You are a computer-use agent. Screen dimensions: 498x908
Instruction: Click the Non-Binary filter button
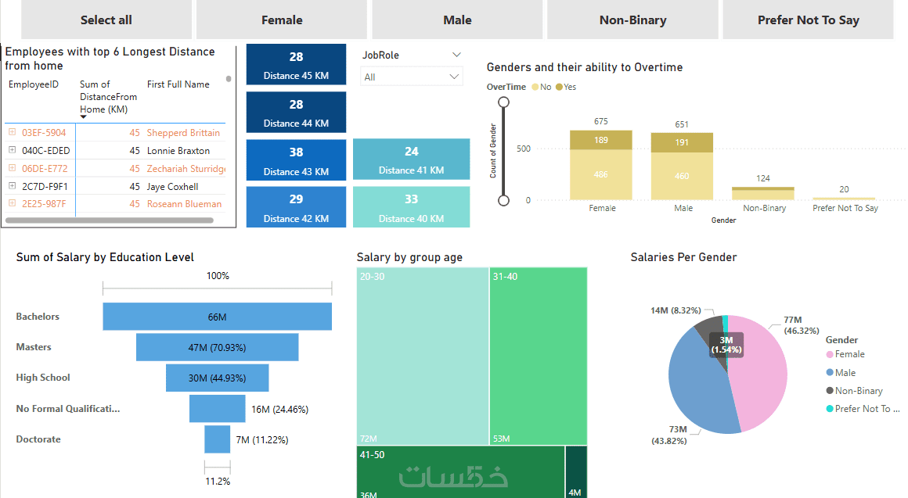pos(632,20)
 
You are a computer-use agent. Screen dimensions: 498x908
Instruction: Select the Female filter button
pos(282,20)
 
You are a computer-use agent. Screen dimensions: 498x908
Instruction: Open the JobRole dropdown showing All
pos(412,77)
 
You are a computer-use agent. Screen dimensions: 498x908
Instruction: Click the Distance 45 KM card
pos(296,65)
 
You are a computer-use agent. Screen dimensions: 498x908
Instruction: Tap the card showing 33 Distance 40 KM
pos(411,207)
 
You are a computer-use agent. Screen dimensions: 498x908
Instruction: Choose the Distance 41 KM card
pos(411,159)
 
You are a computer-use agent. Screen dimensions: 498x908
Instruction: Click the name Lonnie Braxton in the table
pos(178,151)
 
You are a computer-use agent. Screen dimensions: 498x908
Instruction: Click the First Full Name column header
pos(178,84)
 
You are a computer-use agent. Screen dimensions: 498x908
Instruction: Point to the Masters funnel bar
pos(217,347)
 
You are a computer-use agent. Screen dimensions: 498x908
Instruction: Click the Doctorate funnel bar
pos(217,439)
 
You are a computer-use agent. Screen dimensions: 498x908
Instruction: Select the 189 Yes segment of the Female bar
pos(600,140)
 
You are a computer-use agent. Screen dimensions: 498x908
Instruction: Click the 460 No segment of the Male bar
pos(682,176)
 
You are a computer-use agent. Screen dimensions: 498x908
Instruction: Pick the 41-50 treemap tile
pos(460,471)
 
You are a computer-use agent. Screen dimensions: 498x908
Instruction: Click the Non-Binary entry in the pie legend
pos(859,391)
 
